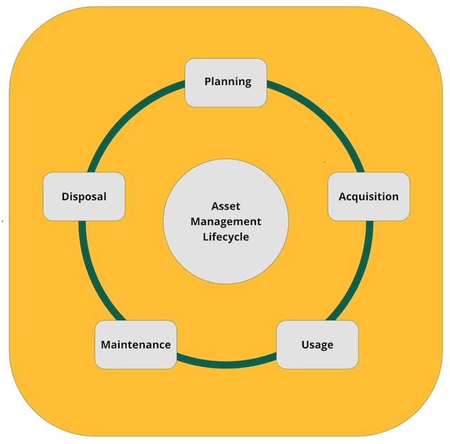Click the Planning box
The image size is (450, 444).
pos(226,82)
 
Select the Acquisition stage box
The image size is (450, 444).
pos(368,197)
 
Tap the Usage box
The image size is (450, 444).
pos(317,345)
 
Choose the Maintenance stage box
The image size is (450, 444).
pos(136,345)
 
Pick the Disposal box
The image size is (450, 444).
pos(84,197)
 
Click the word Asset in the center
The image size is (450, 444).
pos(226,207)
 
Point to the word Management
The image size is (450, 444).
pos(226,222)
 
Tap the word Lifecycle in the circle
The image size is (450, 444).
pos(226,237)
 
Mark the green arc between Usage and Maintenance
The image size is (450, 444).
pos(226,365)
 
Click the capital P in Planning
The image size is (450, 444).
pos(208,81)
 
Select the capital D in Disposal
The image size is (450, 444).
pos(65,197)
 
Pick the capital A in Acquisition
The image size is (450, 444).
pos(342,197)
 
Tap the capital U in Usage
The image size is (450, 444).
pos(305,345)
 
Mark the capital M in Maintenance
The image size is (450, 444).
pos(105,345)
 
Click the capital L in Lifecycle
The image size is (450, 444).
pos(205,237)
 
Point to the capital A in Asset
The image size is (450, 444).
pos(215,207)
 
